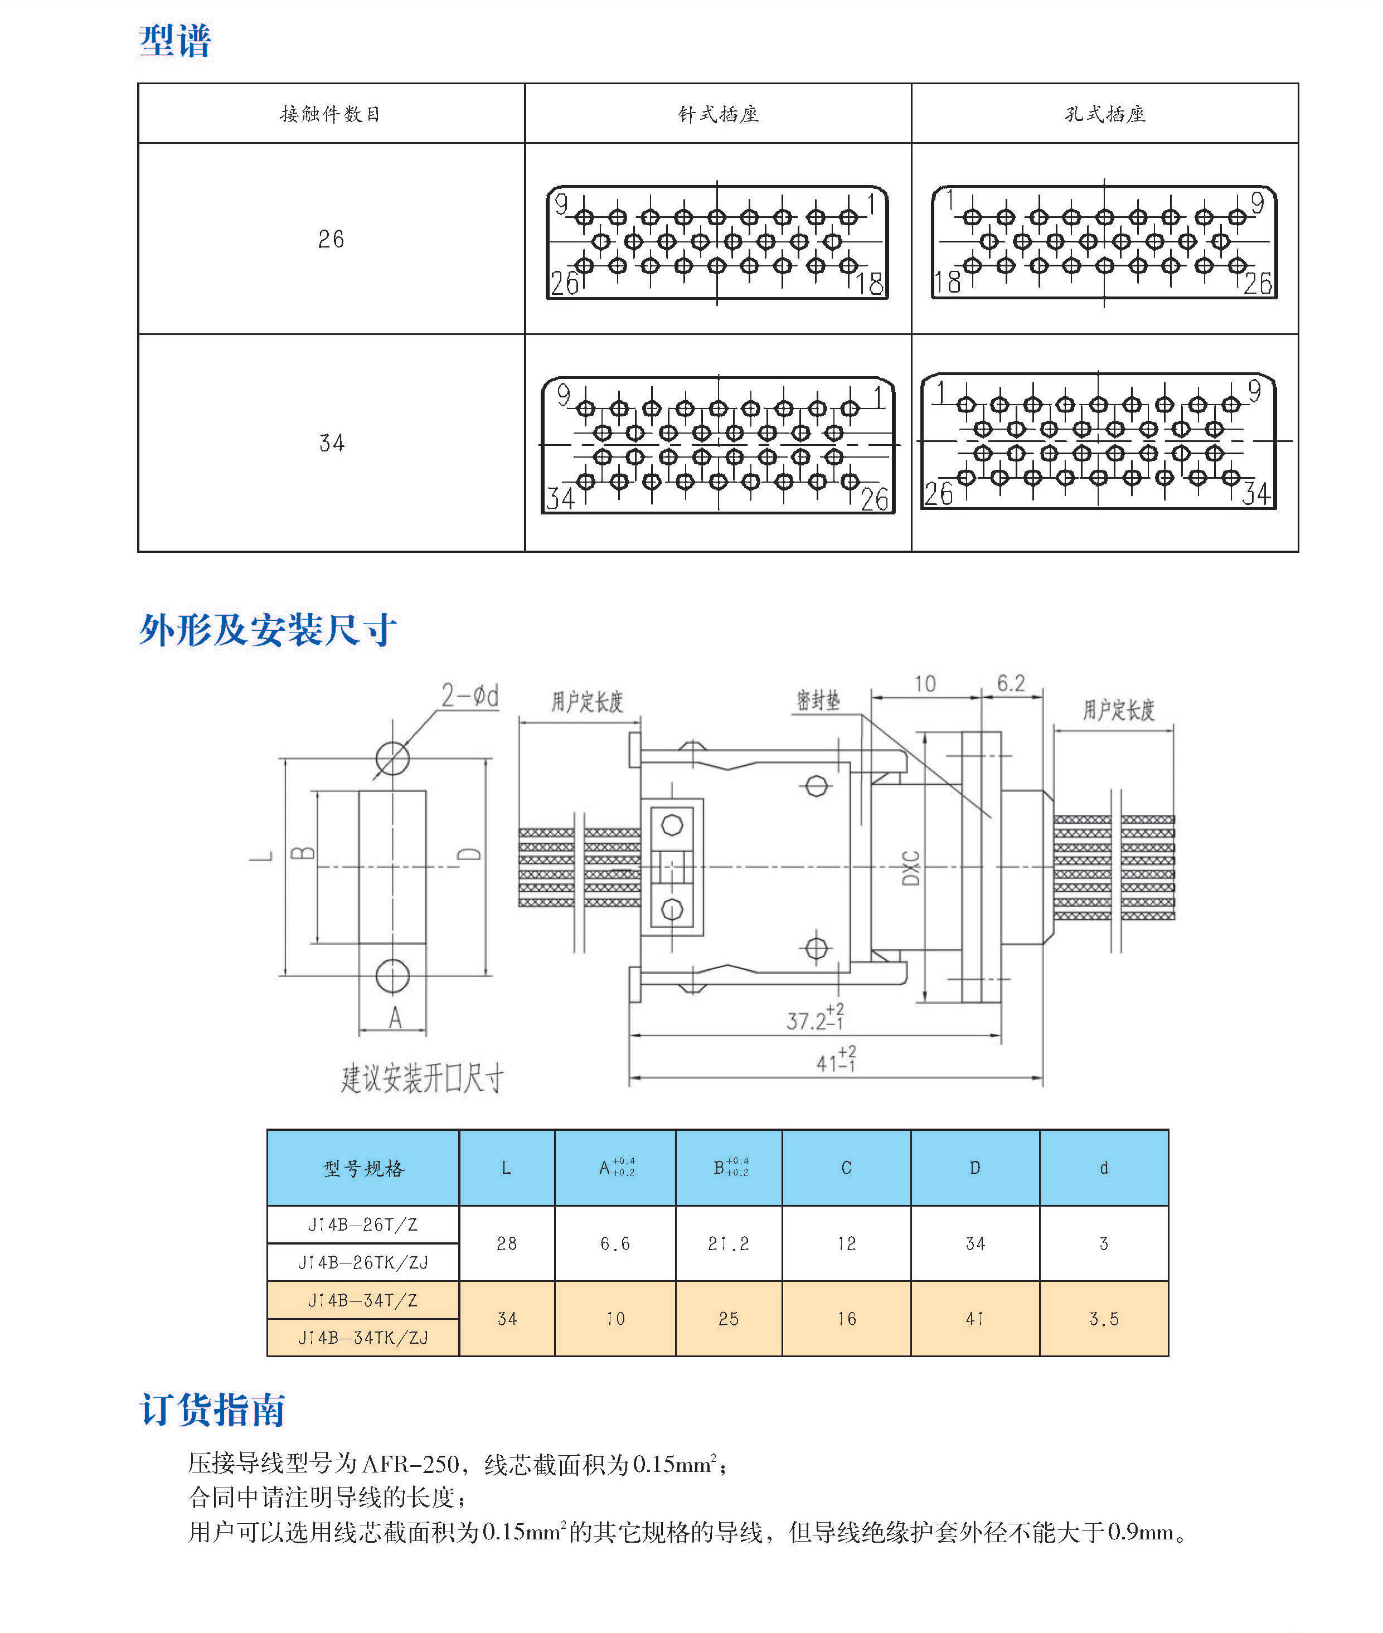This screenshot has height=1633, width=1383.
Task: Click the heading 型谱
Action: pyautogui.click(x=175, y=41)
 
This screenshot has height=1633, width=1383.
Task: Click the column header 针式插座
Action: pyautogui.click(x=717, y=114)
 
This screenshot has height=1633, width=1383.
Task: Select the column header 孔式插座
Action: pyautogui.click(x=1105, y=114)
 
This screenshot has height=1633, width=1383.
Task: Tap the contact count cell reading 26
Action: pyautogui.click(x=331, y=239)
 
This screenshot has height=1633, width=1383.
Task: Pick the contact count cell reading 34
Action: pyautogui.click(x=331, y=443)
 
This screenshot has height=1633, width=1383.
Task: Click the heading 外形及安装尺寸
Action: pyautogui.click(x=268, y=630)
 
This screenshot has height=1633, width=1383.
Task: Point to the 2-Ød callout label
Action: pyautogui.click(x=469, y=696)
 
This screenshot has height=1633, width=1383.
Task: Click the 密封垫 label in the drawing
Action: pyautogui.click(x=818, y=700)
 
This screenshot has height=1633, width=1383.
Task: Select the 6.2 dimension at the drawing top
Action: pyautogui.click(x=1011, y=684)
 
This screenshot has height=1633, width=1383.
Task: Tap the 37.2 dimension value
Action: pyautogui.click(x=808, y=1020)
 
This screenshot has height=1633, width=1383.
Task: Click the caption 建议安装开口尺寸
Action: pyautogui.click(x=422, y=1079)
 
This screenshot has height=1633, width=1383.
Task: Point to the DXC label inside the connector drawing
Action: pyautogui.click(x=910, y=868)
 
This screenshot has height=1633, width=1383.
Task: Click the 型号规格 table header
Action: pyautogui.click(x=363, y=1168)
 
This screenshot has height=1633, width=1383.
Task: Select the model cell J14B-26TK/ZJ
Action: pyautogui.click(x=363, y=1262)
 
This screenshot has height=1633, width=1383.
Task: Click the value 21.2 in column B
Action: pyautogui.click(x=729, y=1243)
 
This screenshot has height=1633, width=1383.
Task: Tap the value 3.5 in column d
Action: pyautogui.click(x=1103, y=1319)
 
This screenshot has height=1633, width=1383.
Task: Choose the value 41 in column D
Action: pyautogui.click(x=974, y=1319)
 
